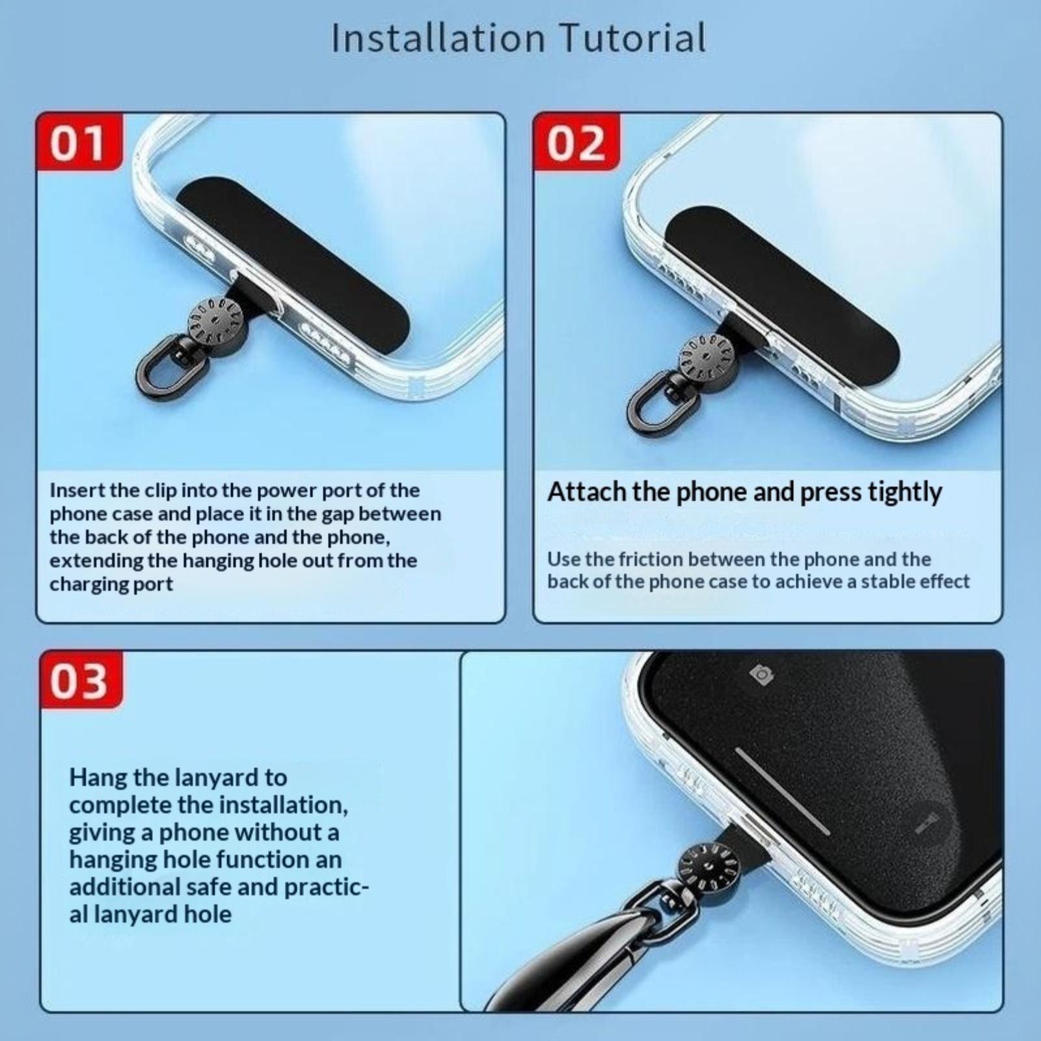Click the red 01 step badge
(x=79, y=142)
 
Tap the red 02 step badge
(x=576, y=142)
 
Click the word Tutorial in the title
(x=633, y=38)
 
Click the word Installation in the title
(x=438, y=38)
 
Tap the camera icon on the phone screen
(x=761, y=675)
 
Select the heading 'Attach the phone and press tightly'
(x=744, y=493)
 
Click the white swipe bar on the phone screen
(x=783, y=791)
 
